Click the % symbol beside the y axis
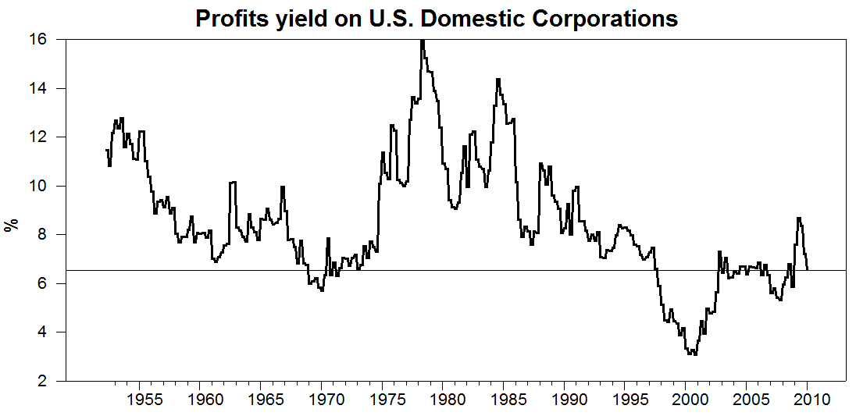click(x=10, y=226)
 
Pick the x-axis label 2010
click(x=808, y=399)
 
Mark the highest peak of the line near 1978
click(x=423, y=41)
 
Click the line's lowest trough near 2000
click(x=695, y=354)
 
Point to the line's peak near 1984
click(x=498, y=79)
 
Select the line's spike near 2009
click(x=799, y=218)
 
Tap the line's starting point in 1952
click(x=106, y=150)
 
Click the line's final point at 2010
click(x=808, y=268)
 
